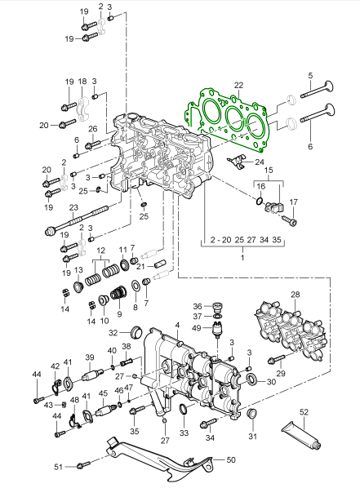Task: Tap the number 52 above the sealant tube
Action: click(x=304, y=412)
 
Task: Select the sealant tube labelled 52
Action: click(x=301, y=437)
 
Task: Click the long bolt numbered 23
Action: click(x=77, y=220)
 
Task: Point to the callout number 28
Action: click(x=296, y=294)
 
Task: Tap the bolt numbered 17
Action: click(x=290, y=221)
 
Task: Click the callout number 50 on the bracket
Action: click(x=231, y=459)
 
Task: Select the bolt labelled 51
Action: click(x=82, y=465)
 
